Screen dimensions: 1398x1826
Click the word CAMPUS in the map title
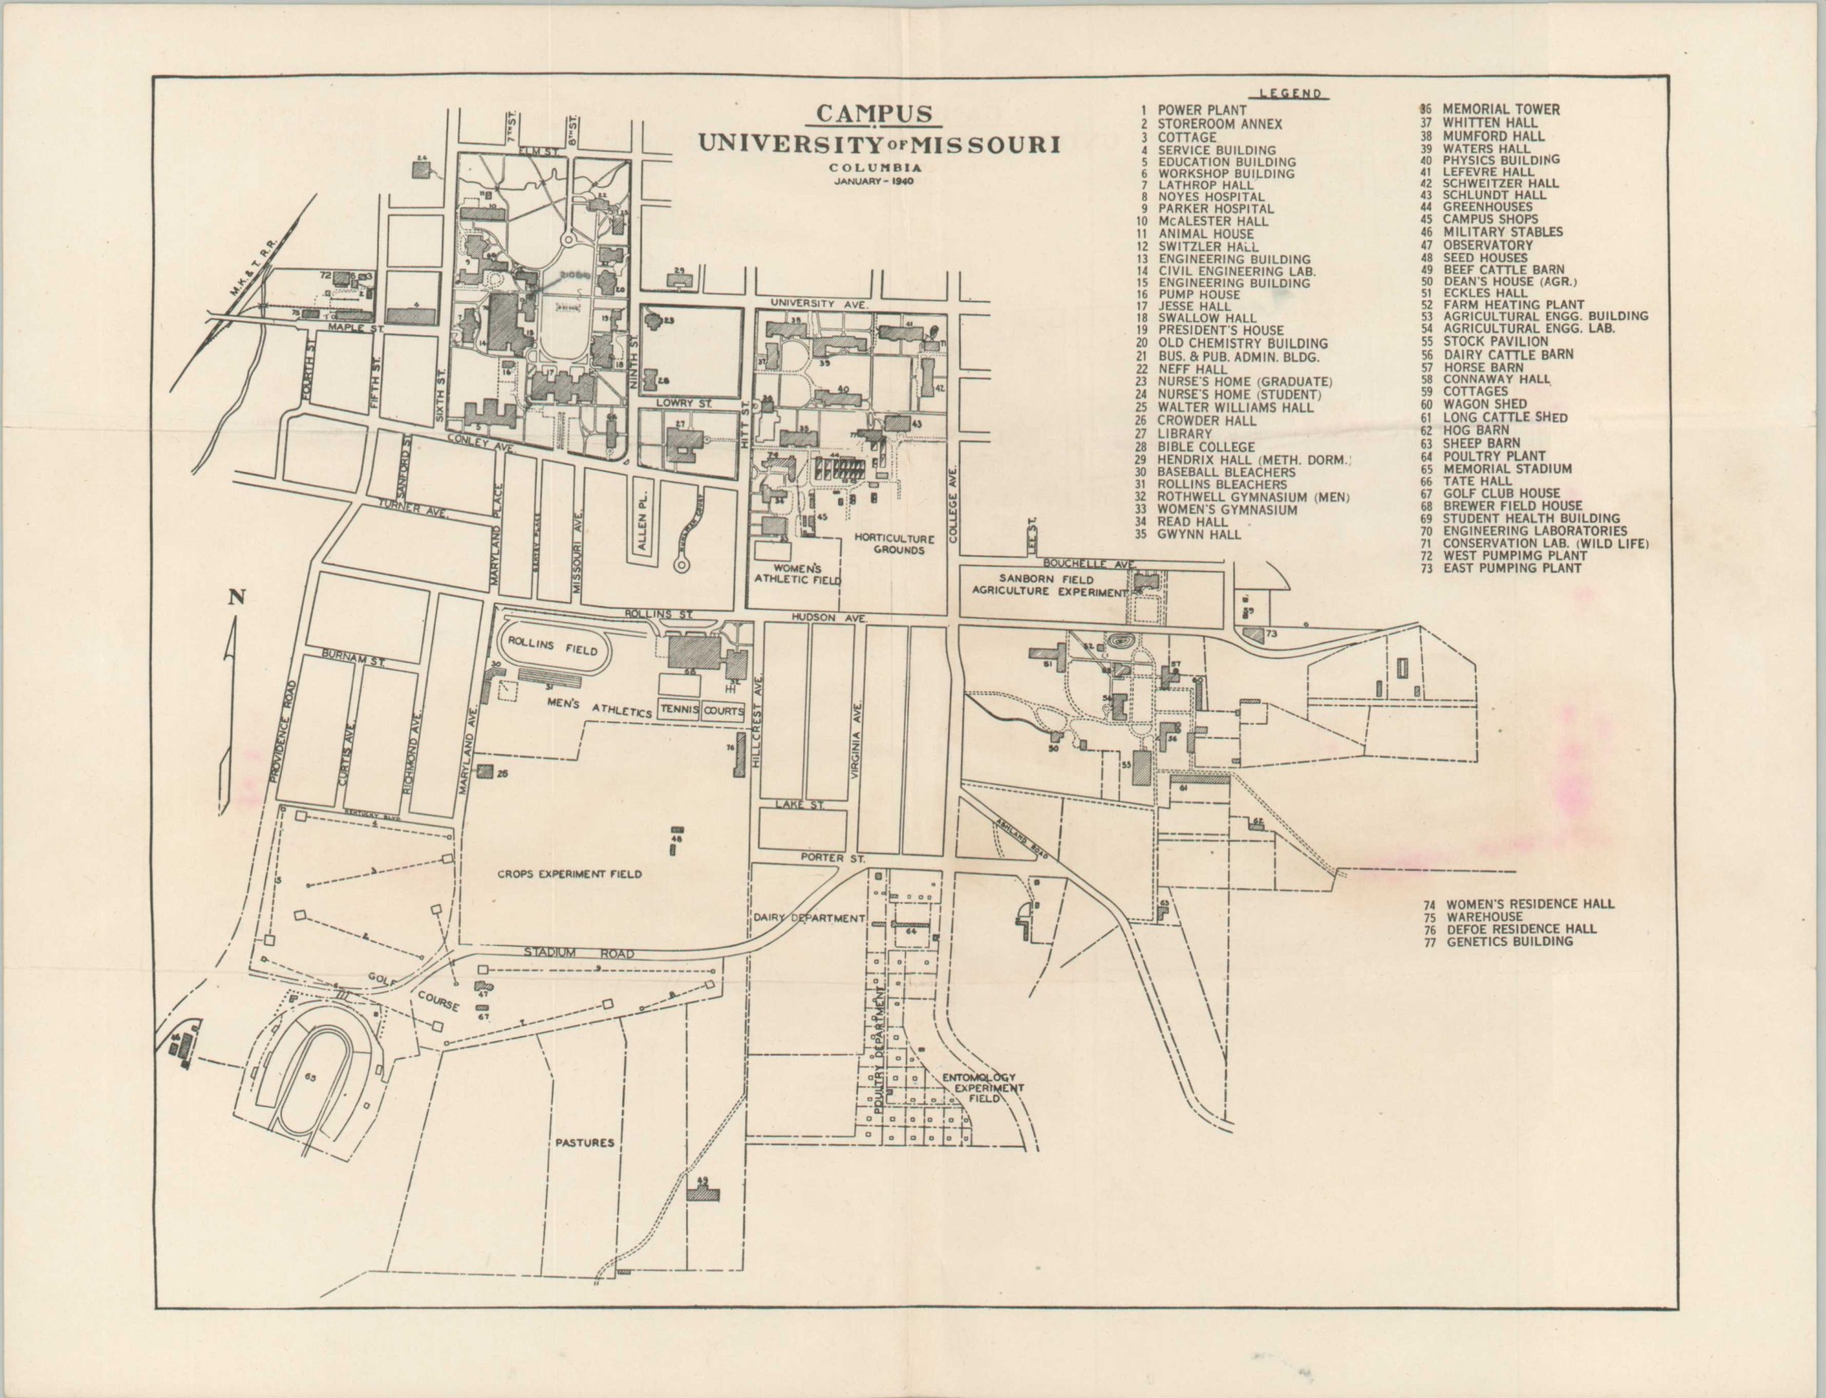[874, 114]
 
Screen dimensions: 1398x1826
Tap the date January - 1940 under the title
[874, 180]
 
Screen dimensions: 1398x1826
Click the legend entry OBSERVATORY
[1487, 245]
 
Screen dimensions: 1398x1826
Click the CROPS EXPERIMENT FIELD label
[569, 874]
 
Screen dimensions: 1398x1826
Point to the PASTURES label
[584, 1143]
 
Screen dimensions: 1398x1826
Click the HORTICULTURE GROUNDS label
[894, 544]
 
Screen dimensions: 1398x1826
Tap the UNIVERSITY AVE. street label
[819, 304]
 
